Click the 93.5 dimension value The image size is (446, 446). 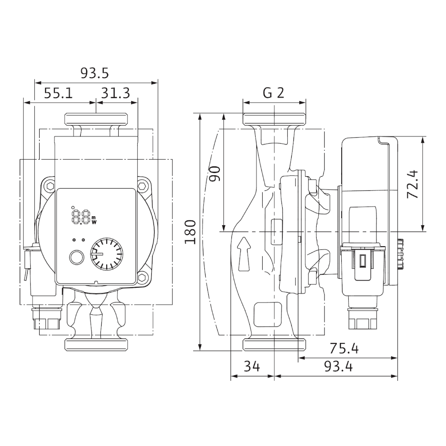(x=95, y=73)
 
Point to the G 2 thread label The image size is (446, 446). (x=273, y=93)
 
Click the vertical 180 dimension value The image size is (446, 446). (x=190, y=232)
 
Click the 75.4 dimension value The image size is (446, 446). (x=344, y=348)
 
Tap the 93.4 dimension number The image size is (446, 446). (x=338, y=367)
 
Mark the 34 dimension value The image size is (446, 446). (x=252, y=367)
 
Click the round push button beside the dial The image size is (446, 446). (x=76, y=257)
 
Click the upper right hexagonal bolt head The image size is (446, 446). (x=143, y=185)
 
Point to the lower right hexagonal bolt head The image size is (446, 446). (x=143, y=278)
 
